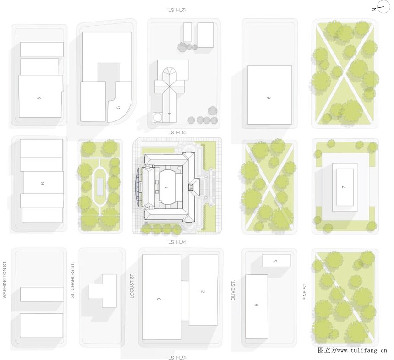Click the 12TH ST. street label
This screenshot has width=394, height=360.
point(177,10)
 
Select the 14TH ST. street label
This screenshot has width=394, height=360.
point(177,242)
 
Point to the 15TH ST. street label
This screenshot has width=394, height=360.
point(177,357)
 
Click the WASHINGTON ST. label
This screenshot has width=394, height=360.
point(5,279)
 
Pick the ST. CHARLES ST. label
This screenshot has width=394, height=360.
point(73,280)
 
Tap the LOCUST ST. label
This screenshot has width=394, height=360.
point(132,286)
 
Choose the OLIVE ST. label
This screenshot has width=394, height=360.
point(233,290)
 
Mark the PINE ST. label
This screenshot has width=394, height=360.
point(305,292)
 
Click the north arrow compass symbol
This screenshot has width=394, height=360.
point(381,9)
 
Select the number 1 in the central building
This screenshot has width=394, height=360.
point(166,187)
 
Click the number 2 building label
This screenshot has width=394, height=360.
point(203,291)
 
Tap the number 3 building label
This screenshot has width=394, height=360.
point(159,299)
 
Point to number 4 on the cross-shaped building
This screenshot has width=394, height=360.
point(170,114)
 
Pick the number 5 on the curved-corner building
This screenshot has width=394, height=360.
point(118,107)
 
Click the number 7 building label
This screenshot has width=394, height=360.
point(344,187)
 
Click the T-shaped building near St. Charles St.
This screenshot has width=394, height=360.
point(102,291)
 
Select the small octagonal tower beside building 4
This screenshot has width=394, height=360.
point(158,117)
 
